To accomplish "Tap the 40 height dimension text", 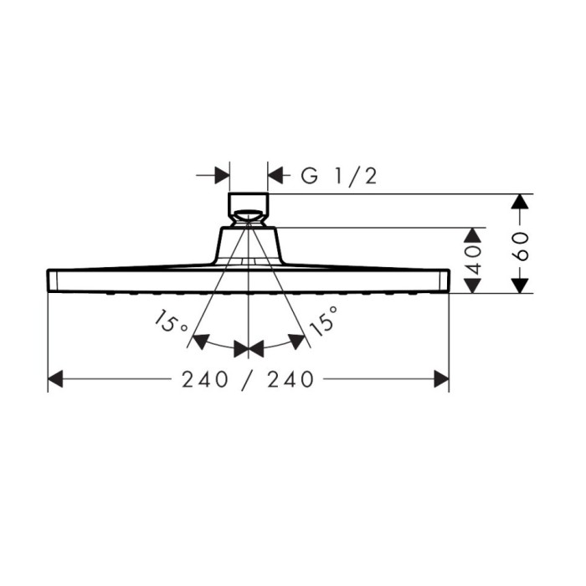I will coord(473,260).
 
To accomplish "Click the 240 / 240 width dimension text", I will coord(248,379).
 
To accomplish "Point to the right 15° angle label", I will coord(324,321).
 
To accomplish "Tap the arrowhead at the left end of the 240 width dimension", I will coord(56,379).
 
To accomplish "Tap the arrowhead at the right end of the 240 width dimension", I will coord(441,379).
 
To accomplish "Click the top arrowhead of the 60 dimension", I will coord(521,203).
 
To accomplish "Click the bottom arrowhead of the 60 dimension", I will coord(521,285).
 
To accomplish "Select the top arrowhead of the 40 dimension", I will coord(473,235).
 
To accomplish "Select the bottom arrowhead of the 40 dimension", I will coord(473,285).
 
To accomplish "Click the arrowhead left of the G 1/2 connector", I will coord(222,176).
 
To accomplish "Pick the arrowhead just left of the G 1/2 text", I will coord(276,176).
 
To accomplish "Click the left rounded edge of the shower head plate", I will coord(49,280).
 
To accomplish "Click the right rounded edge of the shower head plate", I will coord(447,280).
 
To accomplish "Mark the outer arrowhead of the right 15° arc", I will coord(296,341).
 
